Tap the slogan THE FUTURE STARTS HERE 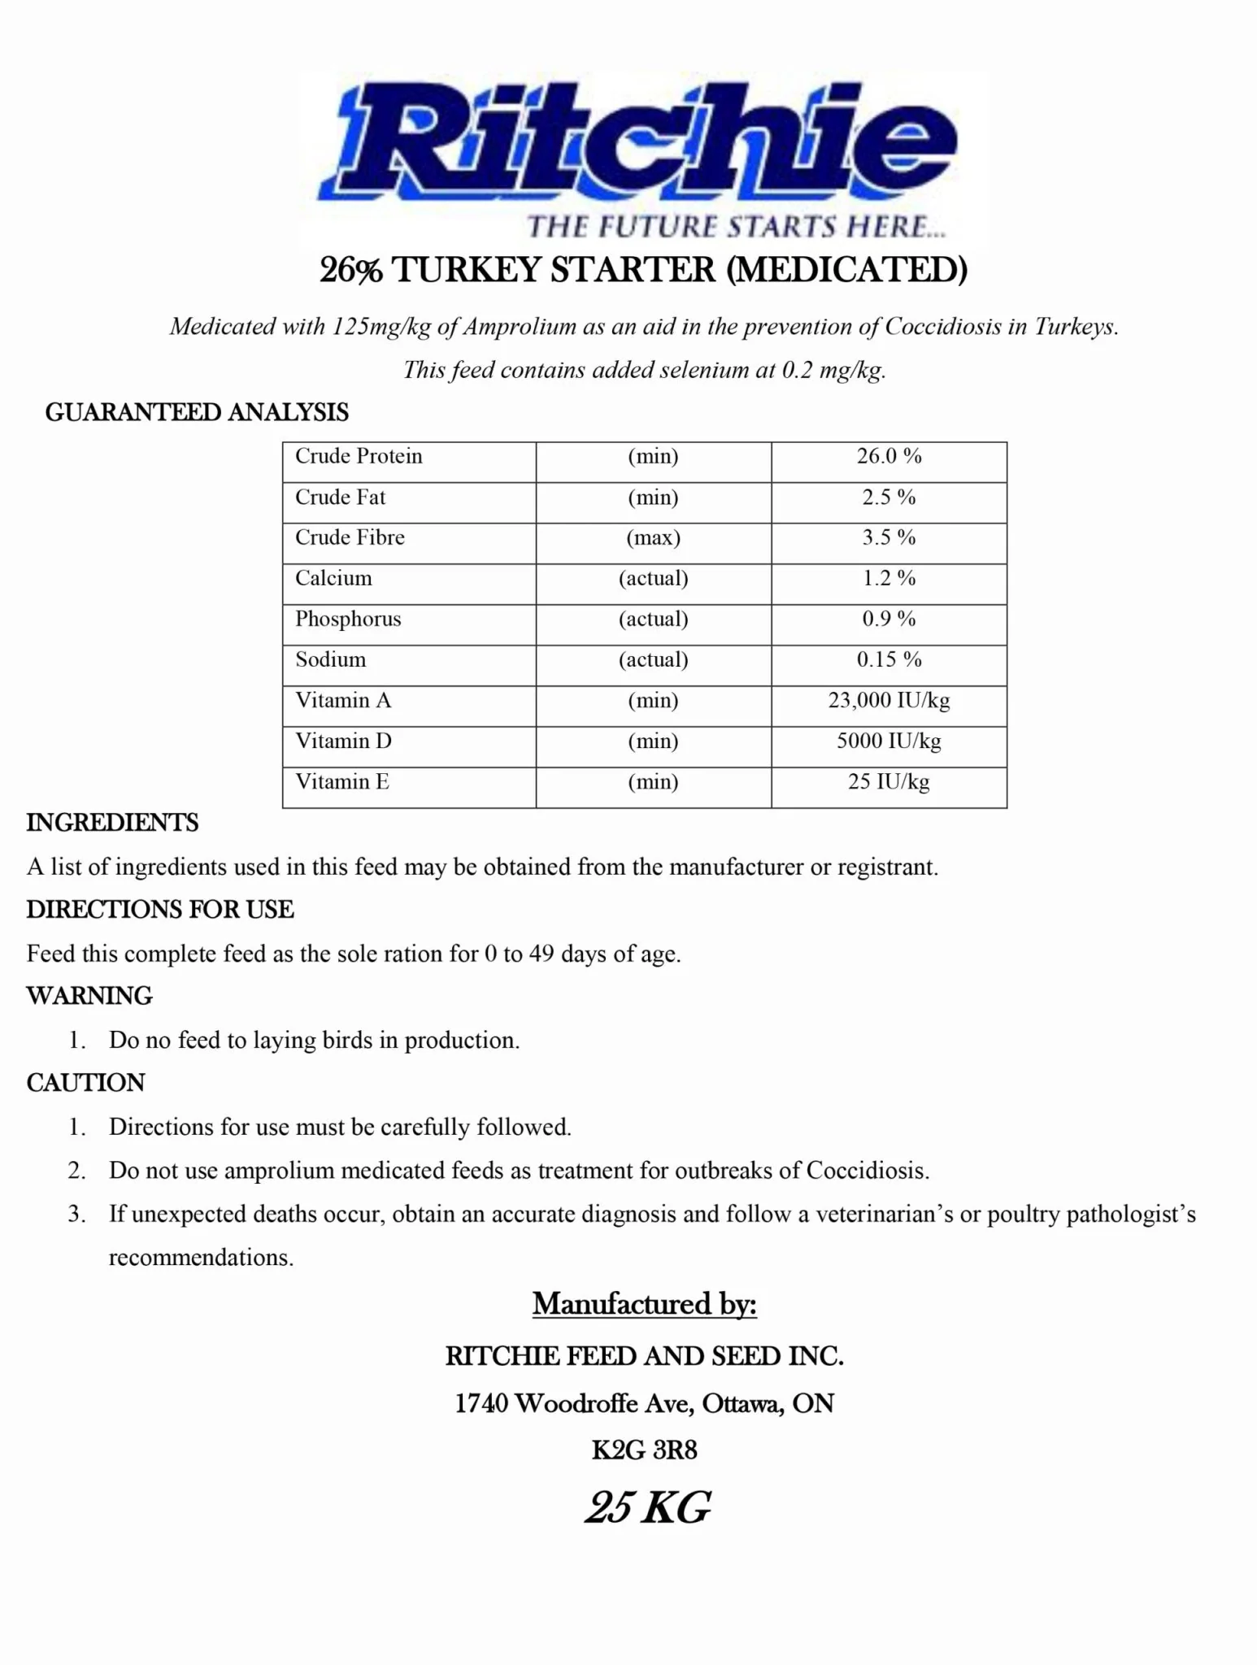click(736, 226)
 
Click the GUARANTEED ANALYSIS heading click(197, 413)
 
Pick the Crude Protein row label click(359, 456)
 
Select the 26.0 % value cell click(889, 456)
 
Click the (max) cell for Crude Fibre click(653, 537)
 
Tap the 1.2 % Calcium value click(889, 578)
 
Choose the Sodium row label click(330, 659)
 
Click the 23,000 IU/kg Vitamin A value click(889, 700)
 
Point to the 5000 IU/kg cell click(889, 741)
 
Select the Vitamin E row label click(342, 781)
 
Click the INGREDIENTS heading click(112, 823)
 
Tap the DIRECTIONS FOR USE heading click(160, 910)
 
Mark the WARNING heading click(89, 996)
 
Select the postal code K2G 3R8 click(644, 1450)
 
